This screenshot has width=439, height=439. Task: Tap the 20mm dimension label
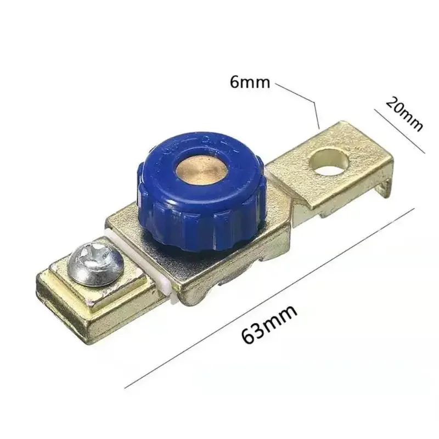[404, 114]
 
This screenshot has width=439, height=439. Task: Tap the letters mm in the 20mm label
[410, 119]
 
